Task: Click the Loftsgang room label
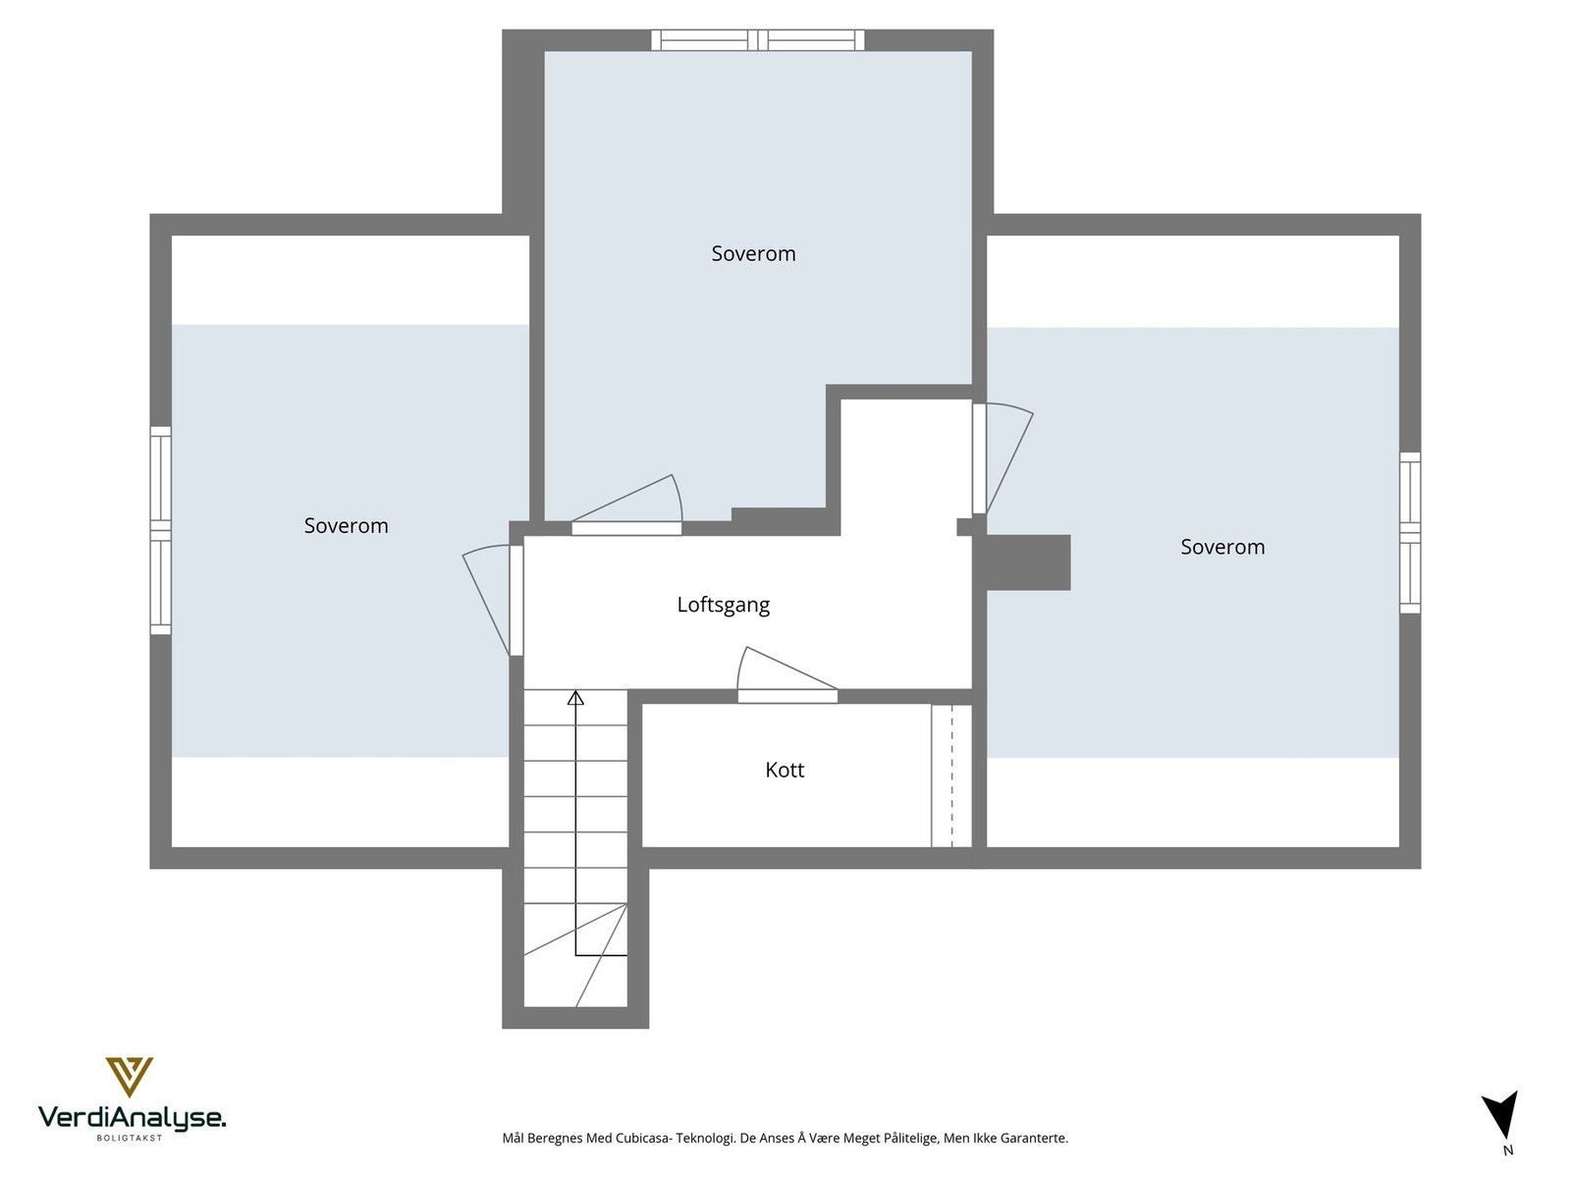[723, 605]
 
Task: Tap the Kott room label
[784, 770]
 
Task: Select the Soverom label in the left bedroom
[346, 526]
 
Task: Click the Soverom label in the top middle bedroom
[753, 253]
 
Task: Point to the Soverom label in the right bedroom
[1222, 547]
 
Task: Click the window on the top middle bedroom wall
[757, 40]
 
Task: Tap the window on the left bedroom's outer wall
[160, 530]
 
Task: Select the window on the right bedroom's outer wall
[1410, 533]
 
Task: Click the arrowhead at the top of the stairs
[575, 698]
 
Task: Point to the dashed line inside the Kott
[951, 776]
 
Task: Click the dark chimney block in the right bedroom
[1027, 562]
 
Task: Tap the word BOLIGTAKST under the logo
[130, 1138]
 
